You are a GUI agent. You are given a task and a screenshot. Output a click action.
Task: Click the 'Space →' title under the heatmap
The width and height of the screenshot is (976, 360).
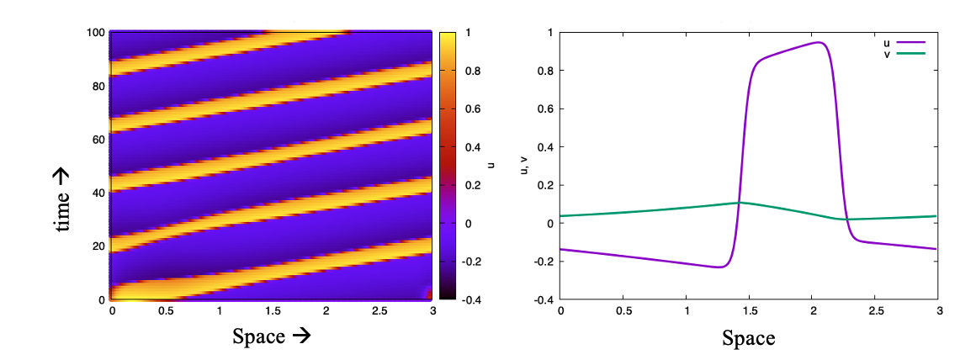[272, 336]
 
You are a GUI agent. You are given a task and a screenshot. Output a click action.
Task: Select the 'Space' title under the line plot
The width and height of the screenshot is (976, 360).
[748, 338]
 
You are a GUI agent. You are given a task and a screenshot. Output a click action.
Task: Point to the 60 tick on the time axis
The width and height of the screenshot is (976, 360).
[99, 140]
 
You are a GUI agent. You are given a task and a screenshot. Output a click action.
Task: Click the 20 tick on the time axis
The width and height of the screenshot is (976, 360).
[99, 246]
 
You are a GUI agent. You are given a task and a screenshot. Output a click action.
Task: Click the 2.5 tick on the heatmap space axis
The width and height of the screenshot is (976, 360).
[378, 311]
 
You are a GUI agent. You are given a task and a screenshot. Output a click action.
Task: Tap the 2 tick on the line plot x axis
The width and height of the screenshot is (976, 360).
[812, 311]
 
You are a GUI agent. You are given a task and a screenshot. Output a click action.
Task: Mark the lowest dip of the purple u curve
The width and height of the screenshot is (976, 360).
[719, 267]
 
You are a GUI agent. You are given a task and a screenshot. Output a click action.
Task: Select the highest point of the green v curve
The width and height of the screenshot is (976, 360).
[740, 203]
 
